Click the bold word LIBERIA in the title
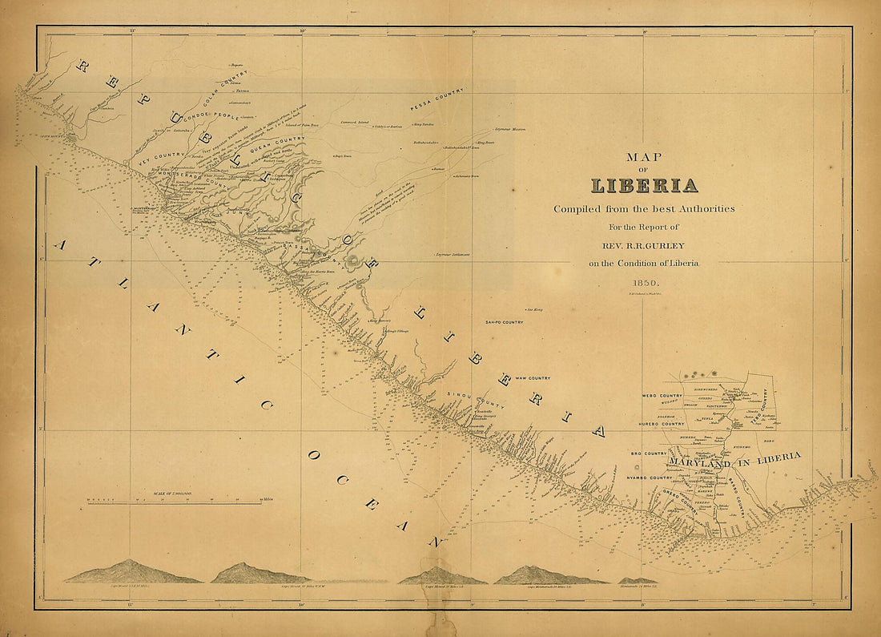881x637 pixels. pyautogui.click(x=644, y=185)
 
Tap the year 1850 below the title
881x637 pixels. pyautogui.click(x=644, y=283)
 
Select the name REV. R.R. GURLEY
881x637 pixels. pyautogui.click(x=644, y=246)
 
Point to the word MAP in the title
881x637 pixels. pyautogui.click(x=644, y=157)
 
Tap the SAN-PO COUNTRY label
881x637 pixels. pyautogui.click(x=504, y=322)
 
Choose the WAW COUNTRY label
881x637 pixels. pyautogui.click(x=533, y=377)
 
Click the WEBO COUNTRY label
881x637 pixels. pyautogui.click(x=662, y=396)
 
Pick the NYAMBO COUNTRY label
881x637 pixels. pyautogui.click(x=650, y=478)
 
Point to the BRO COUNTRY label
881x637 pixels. pyautogui.click(x=649, y=454)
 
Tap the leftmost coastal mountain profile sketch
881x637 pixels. pyautogui.click(x=132, y=573)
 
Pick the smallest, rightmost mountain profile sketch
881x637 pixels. pyautogui.click(x=638, y=580)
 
